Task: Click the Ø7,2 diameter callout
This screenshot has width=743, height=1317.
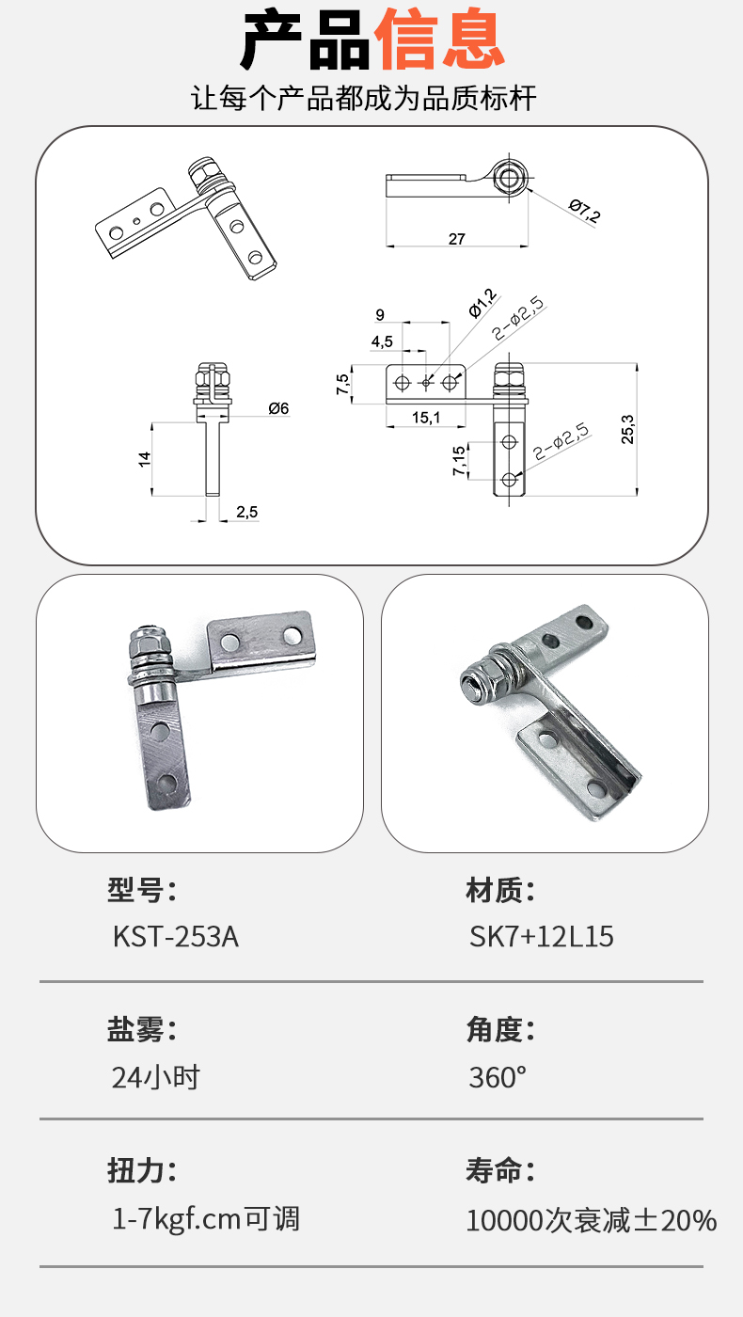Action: tap(585, 211)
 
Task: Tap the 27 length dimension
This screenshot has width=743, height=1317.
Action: tap(457, 239)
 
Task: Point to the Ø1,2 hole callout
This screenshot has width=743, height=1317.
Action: tap(482, 303)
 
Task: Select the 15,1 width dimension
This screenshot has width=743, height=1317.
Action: tap(426, 418)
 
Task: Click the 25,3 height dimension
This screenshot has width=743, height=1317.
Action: tap(627, 429)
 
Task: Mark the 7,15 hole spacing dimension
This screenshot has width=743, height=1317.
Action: tap(459, 460)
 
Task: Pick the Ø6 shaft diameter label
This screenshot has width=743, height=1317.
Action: tap(278, 408)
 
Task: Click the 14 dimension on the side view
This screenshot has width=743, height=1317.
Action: tap(145, 459)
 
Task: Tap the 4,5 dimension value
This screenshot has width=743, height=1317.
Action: tap(382, 341)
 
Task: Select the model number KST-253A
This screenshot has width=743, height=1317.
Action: tap(176, 937)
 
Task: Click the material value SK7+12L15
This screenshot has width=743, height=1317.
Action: tap(542, 937)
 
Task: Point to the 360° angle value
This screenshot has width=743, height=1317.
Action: tap(498, 1077)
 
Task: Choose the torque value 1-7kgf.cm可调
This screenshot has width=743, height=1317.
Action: tap(206, 1219)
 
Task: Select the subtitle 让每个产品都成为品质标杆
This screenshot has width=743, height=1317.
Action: tap(364, 98)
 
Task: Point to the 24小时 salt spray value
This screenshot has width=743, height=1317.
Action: tap(156, 1077)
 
